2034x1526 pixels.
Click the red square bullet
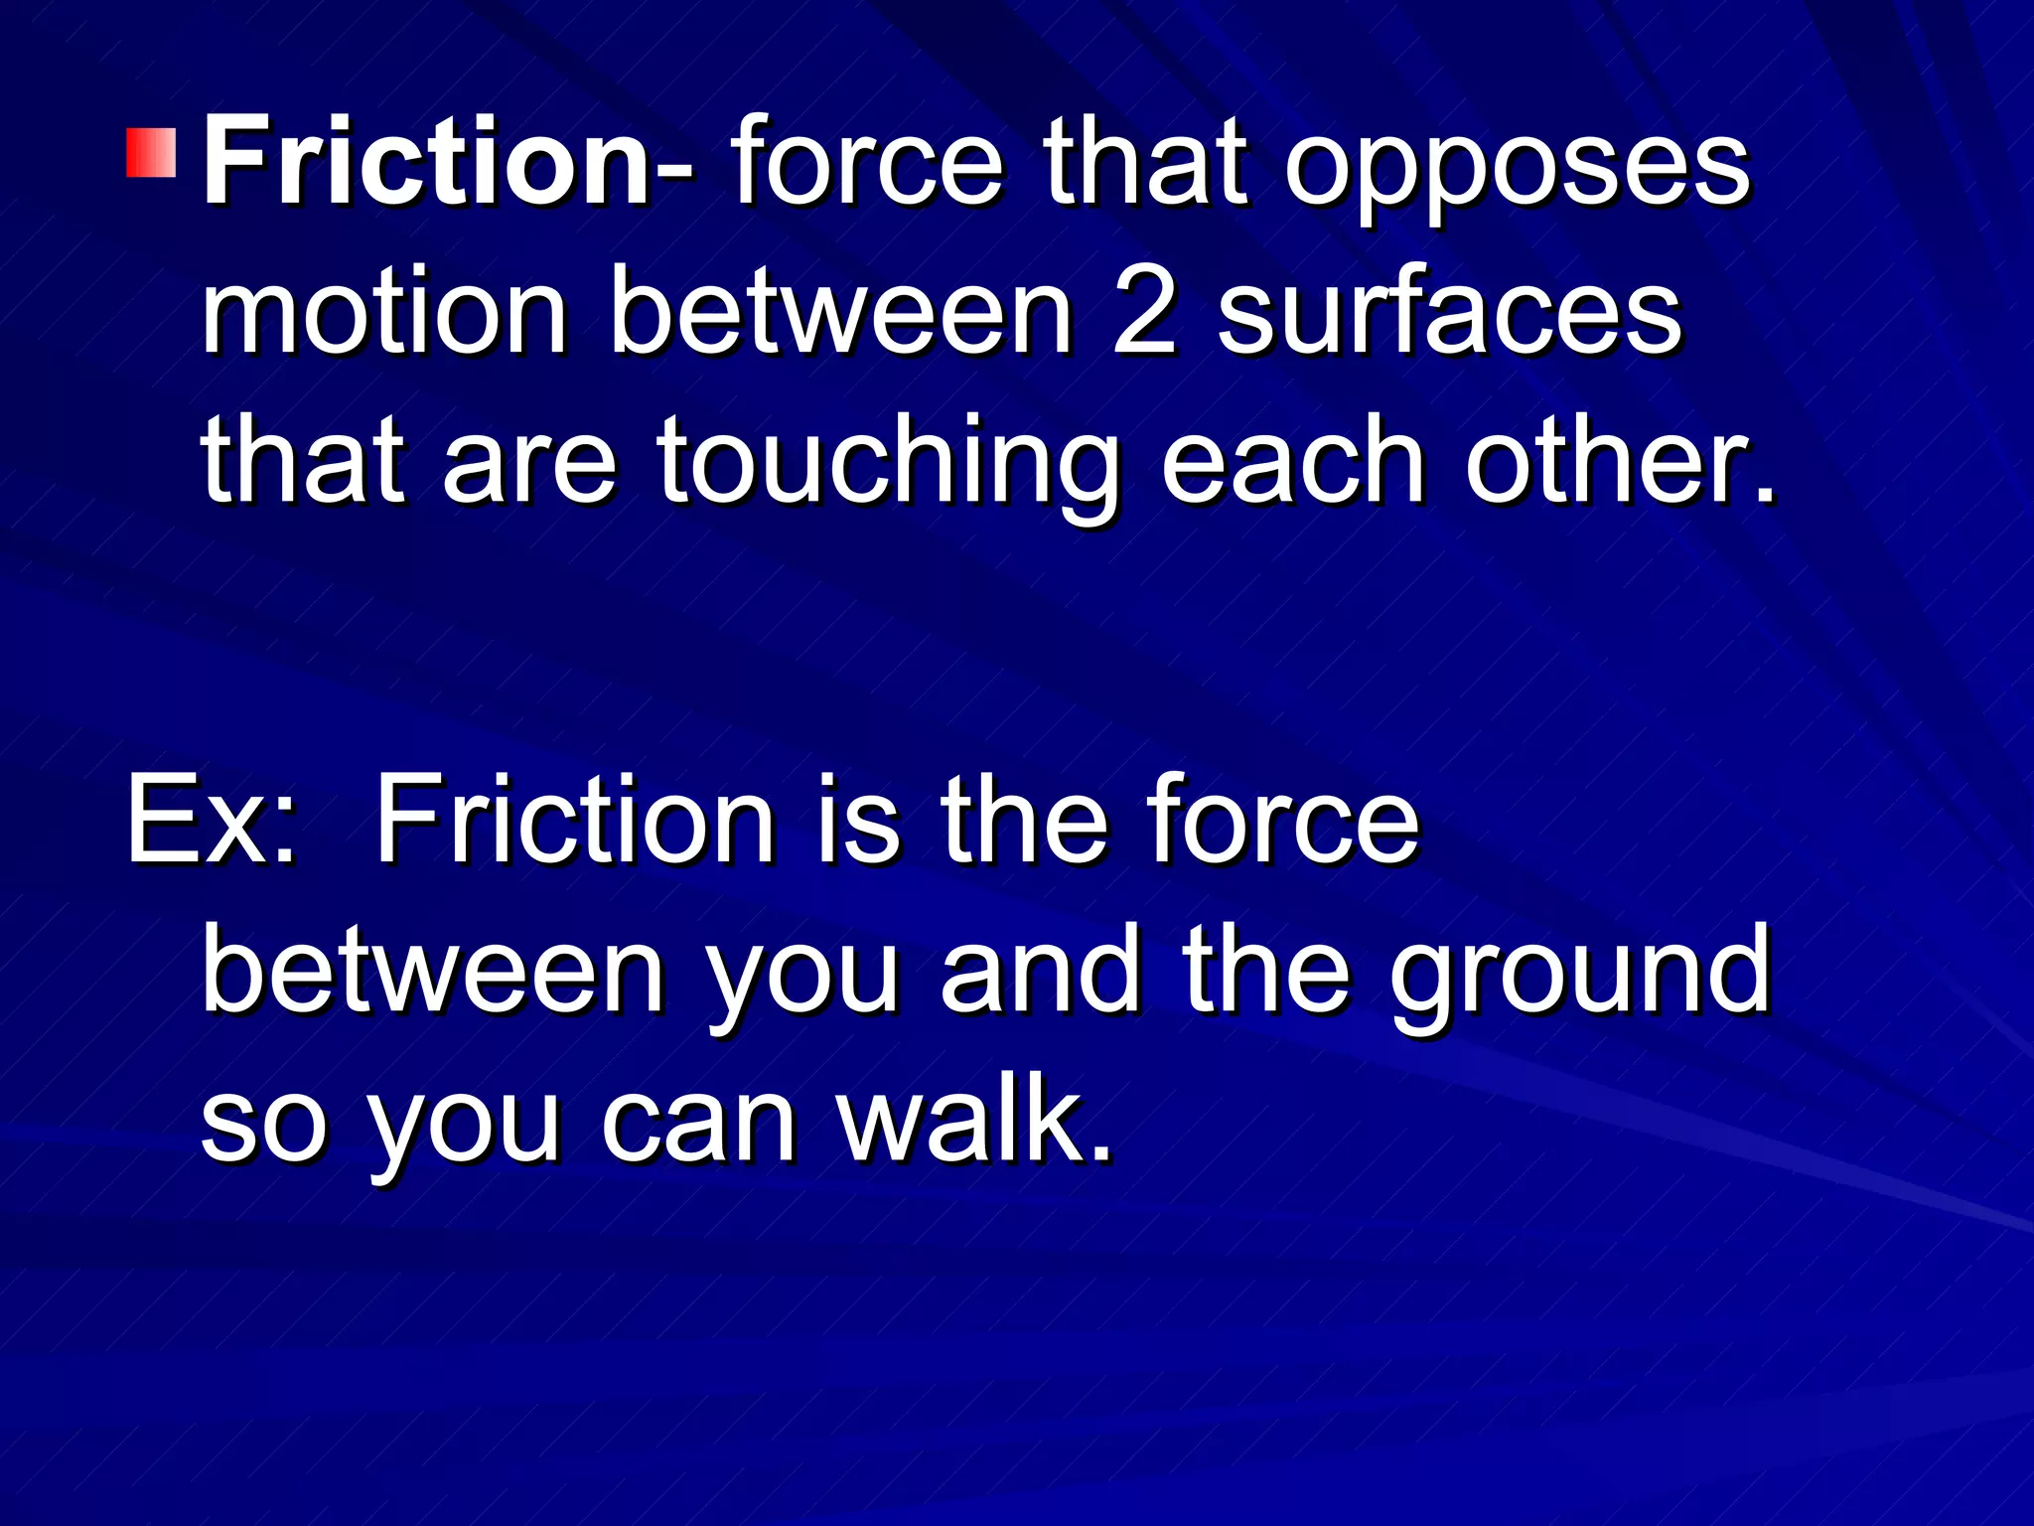[x=151, y=152]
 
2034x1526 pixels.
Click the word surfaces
[x=1449, y=314]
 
